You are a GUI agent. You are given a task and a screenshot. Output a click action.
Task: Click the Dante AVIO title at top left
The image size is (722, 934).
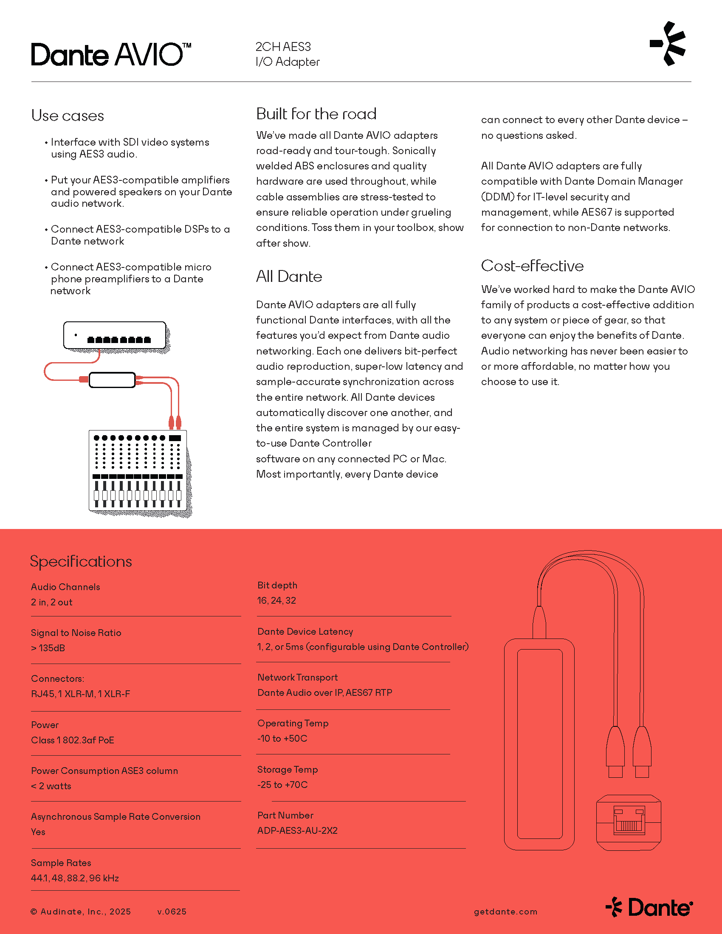pyautogui.click(x=110, y=55)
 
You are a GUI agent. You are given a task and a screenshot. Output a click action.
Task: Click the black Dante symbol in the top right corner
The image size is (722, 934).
pyautogui.click(x=668, y=44)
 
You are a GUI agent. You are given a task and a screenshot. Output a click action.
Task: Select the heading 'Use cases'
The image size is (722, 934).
pyautogui.click(x=68, y=116)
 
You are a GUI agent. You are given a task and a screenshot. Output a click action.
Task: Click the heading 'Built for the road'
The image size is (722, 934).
pyautogui.click(x=316, y=114)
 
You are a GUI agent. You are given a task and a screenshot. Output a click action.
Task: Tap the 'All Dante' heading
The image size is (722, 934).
pyautogui.click(x=289, y=277)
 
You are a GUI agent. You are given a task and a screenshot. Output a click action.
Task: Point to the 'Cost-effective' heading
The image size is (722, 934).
pyautogui.click(x=532, y=266)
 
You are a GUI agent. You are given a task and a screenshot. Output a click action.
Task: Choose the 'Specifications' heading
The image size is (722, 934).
pyautogui.click(x=81, y=562)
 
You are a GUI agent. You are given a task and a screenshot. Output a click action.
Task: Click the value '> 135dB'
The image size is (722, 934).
pyautogui.click(x=48, y=648)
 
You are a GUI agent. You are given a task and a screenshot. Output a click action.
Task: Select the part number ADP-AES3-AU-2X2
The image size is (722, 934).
pyautogui.click(x=297, y=830)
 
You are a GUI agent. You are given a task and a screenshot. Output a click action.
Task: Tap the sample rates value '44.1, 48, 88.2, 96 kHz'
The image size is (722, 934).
pyautogui.click(x=75, y=878)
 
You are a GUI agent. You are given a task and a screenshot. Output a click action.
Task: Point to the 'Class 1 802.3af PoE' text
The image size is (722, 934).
pyautogui.click(x=72, y=740)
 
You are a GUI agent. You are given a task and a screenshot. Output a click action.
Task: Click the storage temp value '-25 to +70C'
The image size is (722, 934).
pyautogui.click(x=282, y=785)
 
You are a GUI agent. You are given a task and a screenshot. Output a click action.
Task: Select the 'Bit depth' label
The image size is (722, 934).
pyautogui.click(x=277, y=585)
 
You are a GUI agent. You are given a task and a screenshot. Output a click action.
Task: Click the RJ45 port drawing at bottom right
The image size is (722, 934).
pyautogui.click(x=628, y=822)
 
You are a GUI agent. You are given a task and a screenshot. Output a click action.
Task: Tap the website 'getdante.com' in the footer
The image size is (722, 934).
pyautogui.click(x=505, y=911)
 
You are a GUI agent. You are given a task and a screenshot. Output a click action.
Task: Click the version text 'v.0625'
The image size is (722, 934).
pyautogui.click(x=172, y=911)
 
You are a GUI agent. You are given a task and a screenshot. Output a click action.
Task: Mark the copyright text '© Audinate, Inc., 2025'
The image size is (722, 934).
pyautogui.click(x=81, y=911)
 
